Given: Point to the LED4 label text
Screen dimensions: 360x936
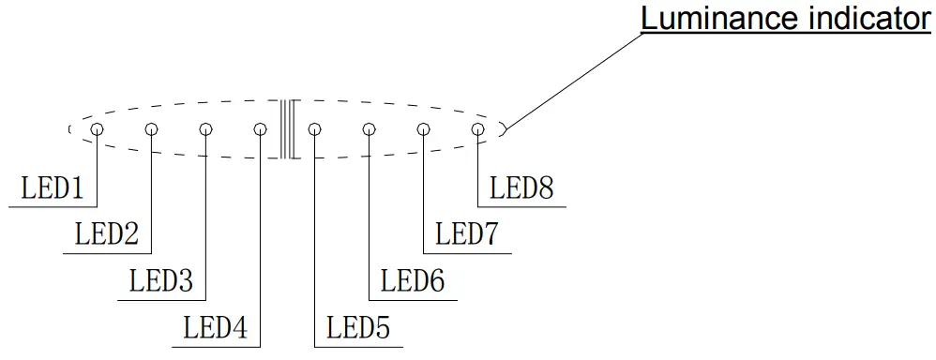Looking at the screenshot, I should pos(216,329).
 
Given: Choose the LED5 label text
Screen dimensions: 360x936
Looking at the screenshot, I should pos(357,329).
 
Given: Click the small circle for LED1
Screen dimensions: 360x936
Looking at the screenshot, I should pos(97,129).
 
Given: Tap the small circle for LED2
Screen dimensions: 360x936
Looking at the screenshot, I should pos(151,129).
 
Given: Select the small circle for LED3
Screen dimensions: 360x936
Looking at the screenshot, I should pos(205,129).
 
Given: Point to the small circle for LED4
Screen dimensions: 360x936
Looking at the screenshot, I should pos(261,129).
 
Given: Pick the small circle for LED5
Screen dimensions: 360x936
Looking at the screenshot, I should pos(314,129).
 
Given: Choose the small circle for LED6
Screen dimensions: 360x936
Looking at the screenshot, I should pos(369,129).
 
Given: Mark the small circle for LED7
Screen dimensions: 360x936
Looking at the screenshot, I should pos(423,129).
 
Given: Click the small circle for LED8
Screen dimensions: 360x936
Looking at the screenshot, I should pos(477,129).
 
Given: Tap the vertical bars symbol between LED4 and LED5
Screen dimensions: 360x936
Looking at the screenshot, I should pos(287,129).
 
